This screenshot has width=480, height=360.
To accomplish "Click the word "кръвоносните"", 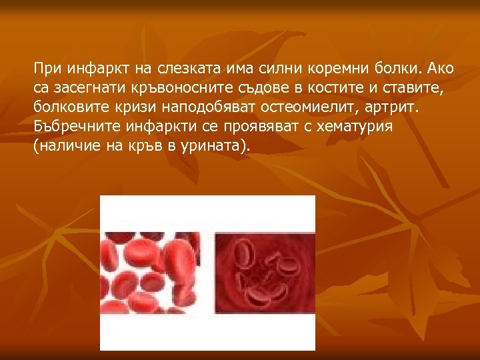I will (x=178, y=87).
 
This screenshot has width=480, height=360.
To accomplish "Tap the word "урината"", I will (x=215, y=146).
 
